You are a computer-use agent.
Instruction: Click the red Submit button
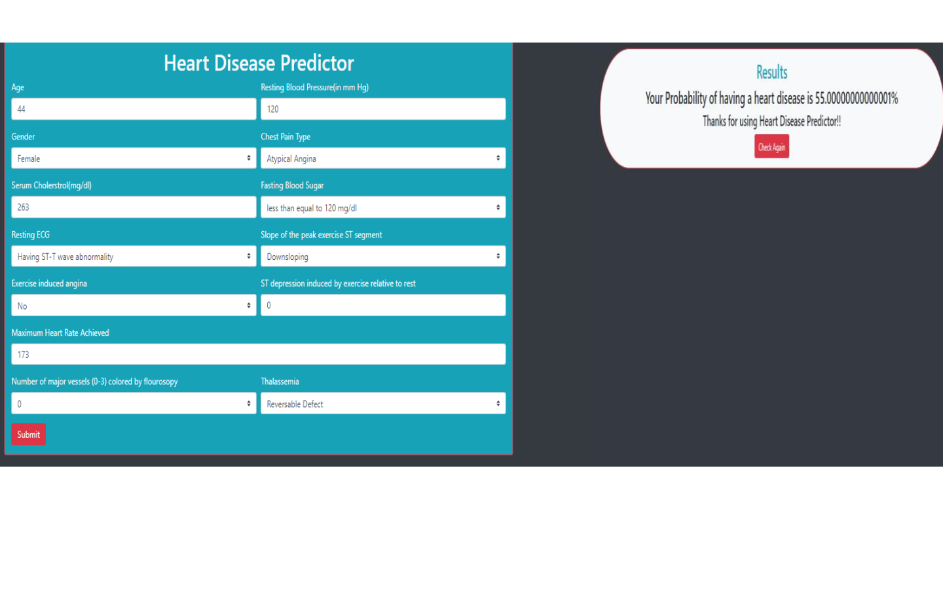tap(28, 435)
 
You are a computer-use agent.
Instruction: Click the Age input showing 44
tap(134, 109)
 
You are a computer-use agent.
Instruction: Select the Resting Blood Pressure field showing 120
tap(383, 109)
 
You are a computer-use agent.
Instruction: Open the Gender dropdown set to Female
tap(134, 158)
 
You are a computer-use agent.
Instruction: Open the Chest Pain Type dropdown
tap(383, 158)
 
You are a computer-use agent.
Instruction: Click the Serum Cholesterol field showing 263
tap(134, 207)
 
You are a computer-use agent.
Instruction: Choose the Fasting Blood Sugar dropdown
tap(383, 207)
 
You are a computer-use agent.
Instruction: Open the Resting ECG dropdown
tap(134, 257)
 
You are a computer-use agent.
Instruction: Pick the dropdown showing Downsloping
tap(383, 257)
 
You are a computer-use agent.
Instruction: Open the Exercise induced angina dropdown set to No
tap(134, 306)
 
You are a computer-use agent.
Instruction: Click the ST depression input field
tap(383, 306)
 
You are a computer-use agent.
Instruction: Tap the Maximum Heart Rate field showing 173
tap(258, 355)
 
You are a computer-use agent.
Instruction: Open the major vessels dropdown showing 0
tap(134, 404)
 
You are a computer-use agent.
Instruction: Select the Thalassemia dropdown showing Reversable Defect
tap(383, 404)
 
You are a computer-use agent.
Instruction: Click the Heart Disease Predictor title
tap(259, 63)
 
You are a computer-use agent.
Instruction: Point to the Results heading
tap(771, 72)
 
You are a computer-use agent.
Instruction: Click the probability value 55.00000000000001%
tap(856, 99)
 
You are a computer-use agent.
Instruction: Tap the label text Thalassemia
tap(280, 382)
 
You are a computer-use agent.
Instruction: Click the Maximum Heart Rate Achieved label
tap(60, 333)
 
